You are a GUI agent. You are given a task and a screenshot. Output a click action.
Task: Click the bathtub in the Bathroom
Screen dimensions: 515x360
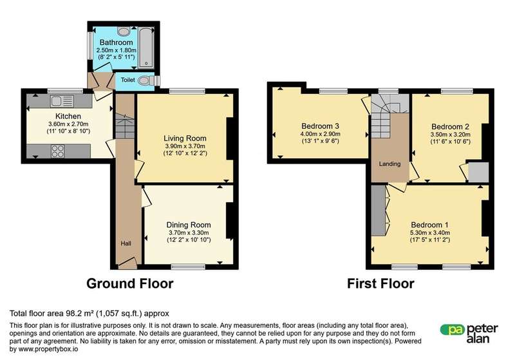pos(146,48)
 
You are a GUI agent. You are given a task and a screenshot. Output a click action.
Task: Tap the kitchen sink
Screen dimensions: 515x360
pos(62,101)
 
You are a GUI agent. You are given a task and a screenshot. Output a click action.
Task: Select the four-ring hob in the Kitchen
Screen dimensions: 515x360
pos(57,151)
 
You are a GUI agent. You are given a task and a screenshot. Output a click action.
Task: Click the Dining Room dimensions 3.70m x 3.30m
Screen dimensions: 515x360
pos(189,232)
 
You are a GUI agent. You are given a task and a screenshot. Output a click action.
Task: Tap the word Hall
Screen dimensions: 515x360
pos(126,243)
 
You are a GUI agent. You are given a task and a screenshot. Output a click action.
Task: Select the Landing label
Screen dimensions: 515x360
pos(390,164)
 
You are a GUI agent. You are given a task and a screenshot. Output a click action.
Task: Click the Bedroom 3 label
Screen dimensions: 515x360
pos(320,126)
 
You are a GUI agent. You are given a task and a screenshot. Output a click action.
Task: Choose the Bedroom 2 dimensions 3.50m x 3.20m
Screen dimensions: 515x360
pos(450,135)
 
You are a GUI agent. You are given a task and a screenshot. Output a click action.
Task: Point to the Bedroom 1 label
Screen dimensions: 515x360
pos(429,225)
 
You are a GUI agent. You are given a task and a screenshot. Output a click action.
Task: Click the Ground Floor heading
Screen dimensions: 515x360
pos(130,283)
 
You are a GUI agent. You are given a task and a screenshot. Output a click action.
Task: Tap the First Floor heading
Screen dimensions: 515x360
pos(380,283)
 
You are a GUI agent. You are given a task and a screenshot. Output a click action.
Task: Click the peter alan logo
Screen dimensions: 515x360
pos(469,334)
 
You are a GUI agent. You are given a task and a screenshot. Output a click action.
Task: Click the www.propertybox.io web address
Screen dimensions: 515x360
pos(48,349)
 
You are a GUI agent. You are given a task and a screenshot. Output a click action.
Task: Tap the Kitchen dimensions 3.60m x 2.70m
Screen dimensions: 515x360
pos(68,124)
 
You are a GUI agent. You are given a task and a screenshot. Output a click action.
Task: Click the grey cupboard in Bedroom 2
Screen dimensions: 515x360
pos(478,173)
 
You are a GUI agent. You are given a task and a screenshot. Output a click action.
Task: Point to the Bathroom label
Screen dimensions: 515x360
pos(117,43)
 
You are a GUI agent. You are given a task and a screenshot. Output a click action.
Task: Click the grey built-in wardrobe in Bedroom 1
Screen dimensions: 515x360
pos(379,210)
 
